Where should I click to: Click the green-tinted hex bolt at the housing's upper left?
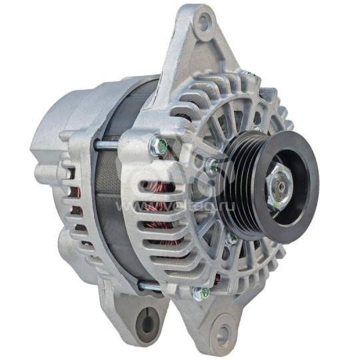pyautogui.click(x=157, y=141)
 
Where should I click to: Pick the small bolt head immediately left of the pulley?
pyautogui.click(x=212, y=165)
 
